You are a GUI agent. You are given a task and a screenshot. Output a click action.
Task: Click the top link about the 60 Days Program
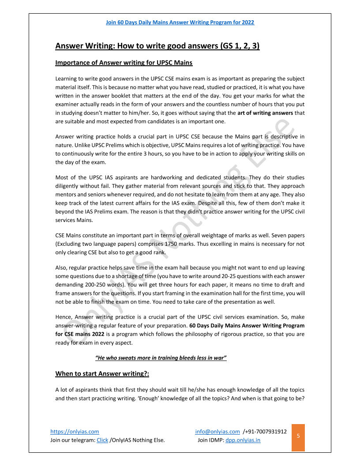tap(180, 22)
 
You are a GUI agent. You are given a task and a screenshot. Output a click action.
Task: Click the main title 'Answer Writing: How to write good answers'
tap(157, 46)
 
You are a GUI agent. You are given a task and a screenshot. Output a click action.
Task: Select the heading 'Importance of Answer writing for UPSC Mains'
tap(124, 63)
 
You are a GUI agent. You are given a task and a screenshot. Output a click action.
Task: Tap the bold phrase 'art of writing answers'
tap(265, 113)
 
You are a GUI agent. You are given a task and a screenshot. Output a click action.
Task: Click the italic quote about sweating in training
tap(161, 357)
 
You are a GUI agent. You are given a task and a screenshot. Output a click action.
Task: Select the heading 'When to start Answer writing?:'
tap(102, 374)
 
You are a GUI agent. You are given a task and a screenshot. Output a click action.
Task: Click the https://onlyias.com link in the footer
tap(75, 432)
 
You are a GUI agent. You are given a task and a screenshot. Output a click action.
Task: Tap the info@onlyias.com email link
tap(217, 432)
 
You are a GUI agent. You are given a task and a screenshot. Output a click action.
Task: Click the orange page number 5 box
tap(298, 436)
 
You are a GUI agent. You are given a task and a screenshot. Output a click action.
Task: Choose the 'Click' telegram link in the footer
tap(102, 440)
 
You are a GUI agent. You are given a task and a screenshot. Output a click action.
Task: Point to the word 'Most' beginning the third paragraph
tap(62, 178)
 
